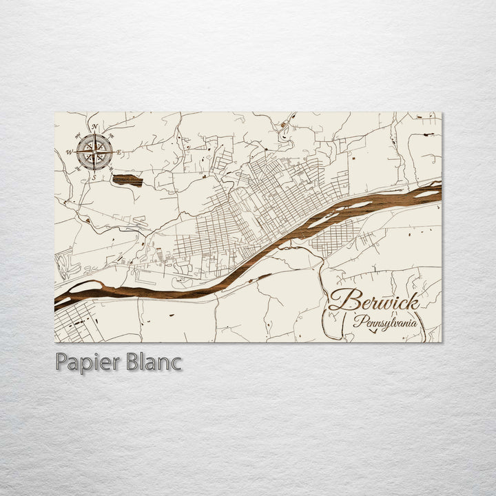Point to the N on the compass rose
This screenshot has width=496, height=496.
[x=94, y=126]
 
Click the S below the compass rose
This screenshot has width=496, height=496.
[x=94, y=177]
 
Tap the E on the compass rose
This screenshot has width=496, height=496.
[x=120, y=152]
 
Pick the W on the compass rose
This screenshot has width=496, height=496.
[x=70, y=152]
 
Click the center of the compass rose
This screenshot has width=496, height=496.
[x=94, y=152]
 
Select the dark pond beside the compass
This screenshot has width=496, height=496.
[x=127, y=180]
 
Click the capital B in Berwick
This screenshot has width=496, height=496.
[x=341, y=300]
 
